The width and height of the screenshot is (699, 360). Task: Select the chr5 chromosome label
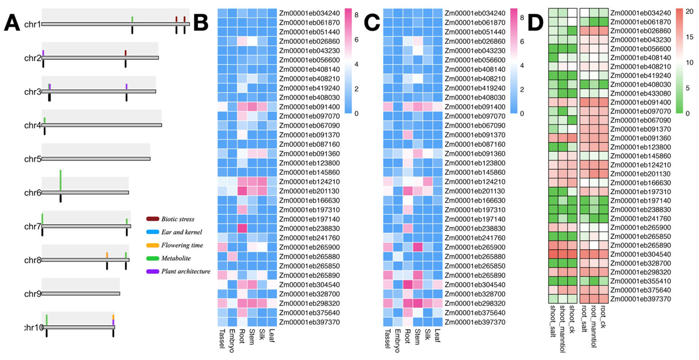32,159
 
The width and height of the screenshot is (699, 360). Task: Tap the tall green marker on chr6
60,180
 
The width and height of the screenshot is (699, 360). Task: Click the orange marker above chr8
107,255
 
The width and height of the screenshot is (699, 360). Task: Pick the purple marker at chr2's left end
43,53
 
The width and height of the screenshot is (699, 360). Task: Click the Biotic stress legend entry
178,219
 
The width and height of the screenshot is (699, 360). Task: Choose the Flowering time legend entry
182,245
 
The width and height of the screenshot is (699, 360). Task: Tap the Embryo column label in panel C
397,341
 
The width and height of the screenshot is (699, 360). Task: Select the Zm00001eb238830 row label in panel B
309,229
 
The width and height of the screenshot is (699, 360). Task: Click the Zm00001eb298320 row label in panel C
475,304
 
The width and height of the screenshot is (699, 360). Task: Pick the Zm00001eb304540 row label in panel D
640,254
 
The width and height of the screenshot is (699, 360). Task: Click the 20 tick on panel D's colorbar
689,11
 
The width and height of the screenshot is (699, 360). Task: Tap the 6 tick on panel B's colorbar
356,40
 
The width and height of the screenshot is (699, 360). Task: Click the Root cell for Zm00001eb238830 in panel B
242,229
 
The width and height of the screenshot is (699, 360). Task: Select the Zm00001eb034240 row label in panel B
309,13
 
